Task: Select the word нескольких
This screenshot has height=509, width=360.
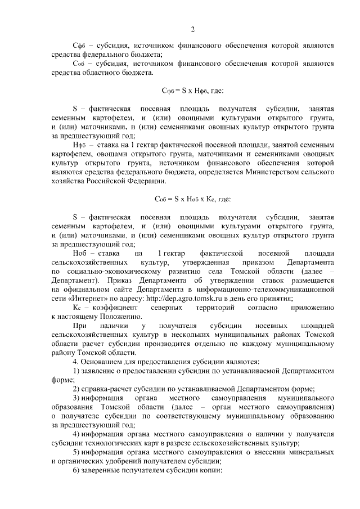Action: pyautogui.click(x=196, y=335)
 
